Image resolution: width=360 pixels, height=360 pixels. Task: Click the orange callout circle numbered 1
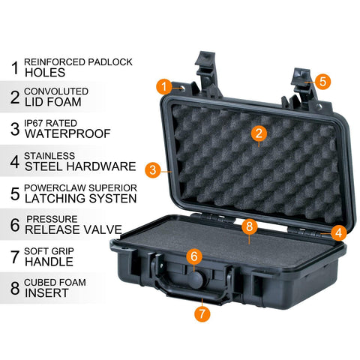coord(164,86)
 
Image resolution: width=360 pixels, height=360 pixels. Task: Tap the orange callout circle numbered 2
coord(259,133)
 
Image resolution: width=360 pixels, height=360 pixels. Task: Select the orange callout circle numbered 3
coord(153,170)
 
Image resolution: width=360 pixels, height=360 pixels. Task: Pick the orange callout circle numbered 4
coord(339,232)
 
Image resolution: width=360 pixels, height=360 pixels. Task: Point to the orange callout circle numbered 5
coord(322,82)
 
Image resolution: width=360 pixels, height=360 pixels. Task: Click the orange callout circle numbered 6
coord(194,256)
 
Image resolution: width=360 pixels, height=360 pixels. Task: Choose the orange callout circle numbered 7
coord(202,313)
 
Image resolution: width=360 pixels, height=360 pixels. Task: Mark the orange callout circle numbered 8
coord(250,226)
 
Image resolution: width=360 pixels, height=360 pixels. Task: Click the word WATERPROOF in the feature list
coord(67,133)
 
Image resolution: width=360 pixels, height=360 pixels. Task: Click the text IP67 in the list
coord(34,123)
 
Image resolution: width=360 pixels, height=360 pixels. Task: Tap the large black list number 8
coord(15,288)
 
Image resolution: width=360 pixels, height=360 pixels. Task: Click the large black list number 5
coord(15,193)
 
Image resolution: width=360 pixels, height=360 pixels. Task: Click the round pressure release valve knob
coord(196,280)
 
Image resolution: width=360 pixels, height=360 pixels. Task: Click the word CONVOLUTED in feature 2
coord(56,91)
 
